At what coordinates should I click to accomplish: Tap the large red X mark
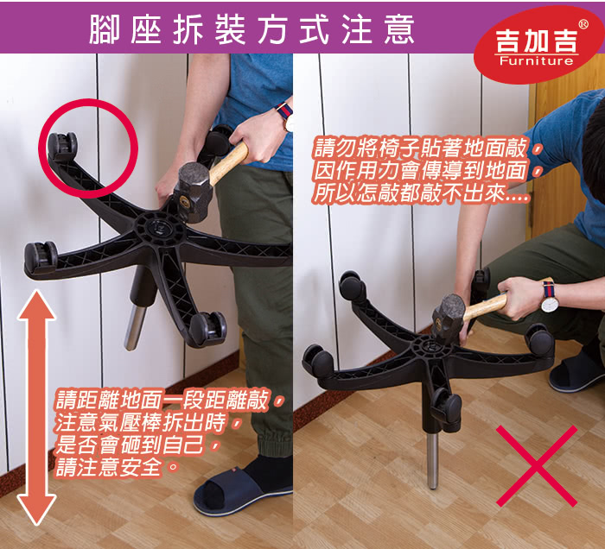click(537, 466)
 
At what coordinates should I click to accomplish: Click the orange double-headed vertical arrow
click(36, 408)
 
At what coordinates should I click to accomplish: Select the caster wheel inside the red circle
click(61, 147)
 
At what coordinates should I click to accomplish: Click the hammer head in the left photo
click(193, 190)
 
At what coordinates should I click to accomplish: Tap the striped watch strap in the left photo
click(284, 110)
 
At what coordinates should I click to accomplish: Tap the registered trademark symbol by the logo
click(583, 24)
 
